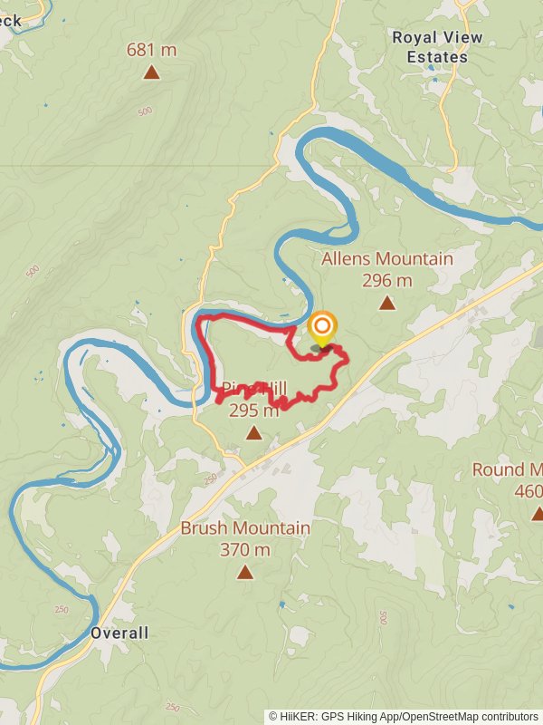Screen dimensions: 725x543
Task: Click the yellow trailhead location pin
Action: [322, 327]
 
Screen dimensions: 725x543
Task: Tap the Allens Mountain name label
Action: [387, 259]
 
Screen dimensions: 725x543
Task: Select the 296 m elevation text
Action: [387, 280]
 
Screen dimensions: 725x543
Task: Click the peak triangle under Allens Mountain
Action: [387, 304]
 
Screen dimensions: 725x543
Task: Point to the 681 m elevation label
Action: [151, 50]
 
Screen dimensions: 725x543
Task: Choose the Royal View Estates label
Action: [437, 47]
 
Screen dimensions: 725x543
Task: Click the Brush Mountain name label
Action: [245, 527]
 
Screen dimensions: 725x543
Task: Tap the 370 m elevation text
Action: [245, 549]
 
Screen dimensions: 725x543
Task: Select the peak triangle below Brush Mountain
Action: [245, 572]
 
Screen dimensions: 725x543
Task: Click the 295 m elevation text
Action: [254, 411]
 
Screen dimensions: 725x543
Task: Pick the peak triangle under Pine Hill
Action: [254, 433]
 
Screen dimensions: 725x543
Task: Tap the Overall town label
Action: [119, 633]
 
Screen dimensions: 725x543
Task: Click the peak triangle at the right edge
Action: [537, 514]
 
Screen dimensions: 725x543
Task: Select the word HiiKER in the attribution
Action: [297, 716]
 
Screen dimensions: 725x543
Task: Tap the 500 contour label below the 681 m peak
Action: [145, 111]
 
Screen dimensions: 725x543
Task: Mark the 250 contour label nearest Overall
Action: [61, 610]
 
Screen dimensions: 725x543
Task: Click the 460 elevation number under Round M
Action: [528, 491]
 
